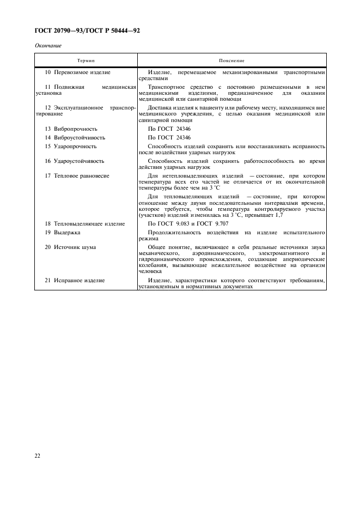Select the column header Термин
coord(86,60)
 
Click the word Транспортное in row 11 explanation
coord(167,87)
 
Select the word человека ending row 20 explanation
coord(150,271)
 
